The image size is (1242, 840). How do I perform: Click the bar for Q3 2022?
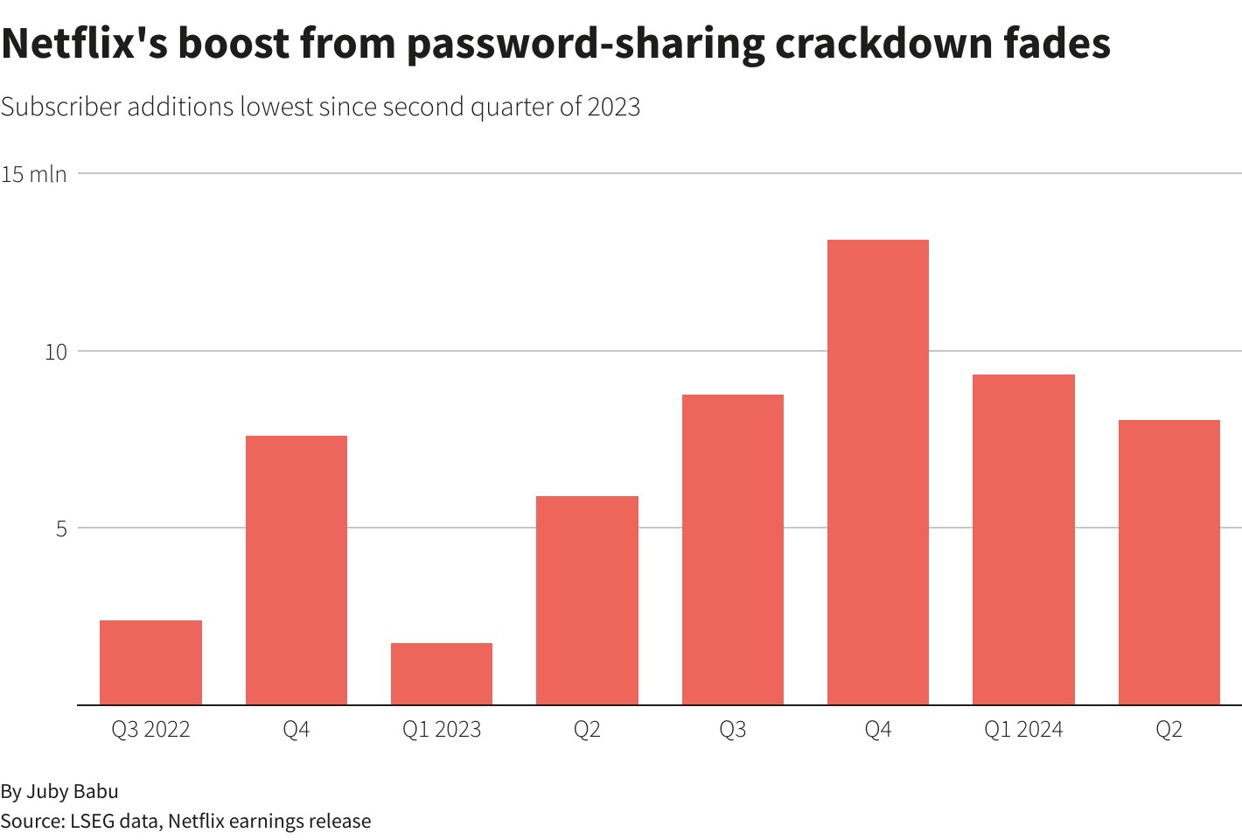coord(150,662)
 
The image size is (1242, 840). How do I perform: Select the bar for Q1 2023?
coord(442,674)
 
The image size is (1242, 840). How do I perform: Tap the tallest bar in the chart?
coord(877,472)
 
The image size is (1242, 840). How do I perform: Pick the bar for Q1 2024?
coord(1023,540)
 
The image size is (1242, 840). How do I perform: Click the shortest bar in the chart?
coord(442,674)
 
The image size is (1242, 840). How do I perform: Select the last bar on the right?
coord(1169,563)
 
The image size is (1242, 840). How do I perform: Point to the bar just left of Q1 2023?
coord(297,570)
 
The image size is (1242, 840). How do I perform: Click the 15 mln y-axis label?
coord(34,174)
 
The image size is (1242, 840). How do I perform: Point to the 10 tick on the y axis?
coord(55,352)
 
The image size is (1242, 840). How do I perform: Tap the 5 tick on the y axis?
coord(61,528)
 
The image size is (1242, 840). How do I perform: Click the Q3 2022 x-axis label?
coord(150,730)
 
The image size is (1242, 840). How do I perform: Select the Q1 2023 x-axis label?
coord(442,730)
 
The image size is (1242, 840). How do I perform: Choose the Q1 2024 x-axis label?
coord(1023,730)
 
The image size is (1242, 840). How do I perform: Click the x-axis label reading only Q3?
coord(733,730)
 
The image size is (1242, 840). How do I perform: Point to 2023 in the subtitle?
coord(614,107)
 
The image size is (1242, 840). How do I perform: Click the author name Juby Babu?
coord(72,792)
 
